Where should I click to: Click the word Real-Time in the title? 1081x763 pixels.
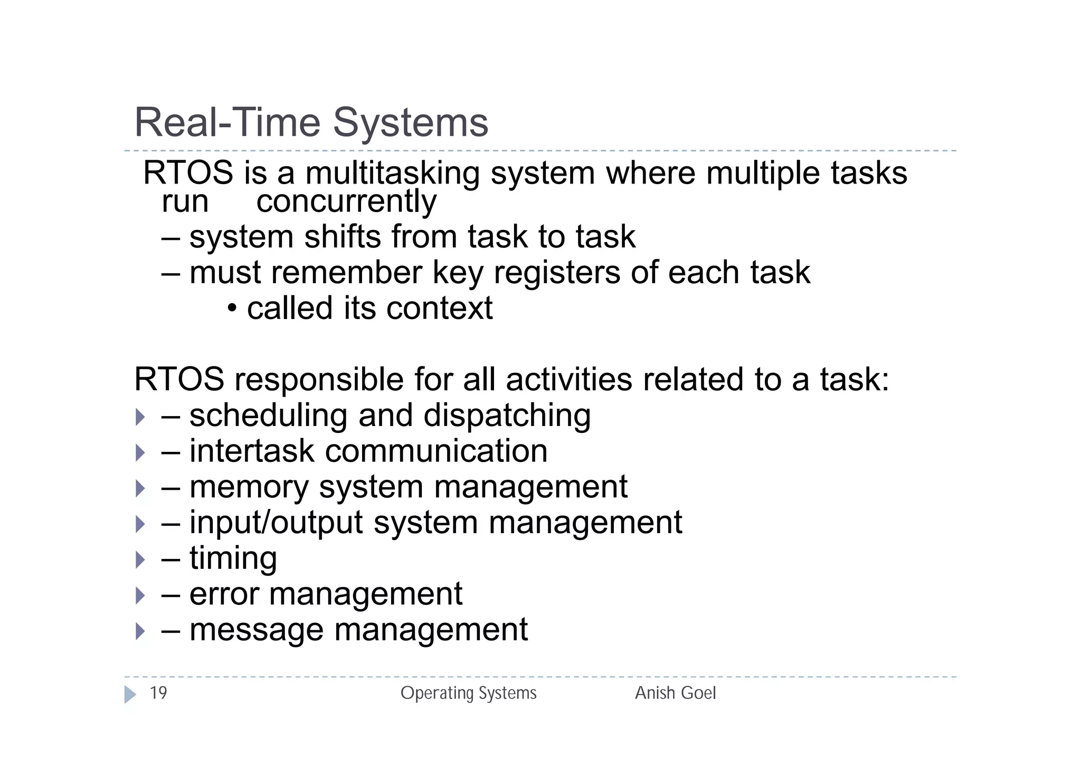coord(227,122)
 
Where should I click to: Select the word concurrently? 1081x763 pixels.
coord(346,202)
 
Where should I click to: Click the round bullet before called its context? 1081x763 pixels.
coord(232,308)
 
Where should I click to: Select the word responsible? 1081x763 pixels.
coord(319,380)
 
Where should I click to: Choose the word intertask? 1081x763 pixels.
coord(251,451)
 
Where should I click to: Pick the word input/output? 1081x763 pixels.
coord(276,524)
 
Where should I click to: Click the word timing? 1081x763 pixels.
coord(233,559)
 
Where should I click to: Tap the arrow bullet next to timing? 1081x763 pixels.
coord(140,560)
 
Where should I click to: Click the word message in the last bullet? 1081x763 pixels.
coord(256,631)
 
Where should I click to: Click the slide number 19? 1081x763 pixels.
coord(158,693)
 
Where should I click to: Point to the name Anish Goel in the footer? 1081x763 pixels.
coord(675,693)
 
